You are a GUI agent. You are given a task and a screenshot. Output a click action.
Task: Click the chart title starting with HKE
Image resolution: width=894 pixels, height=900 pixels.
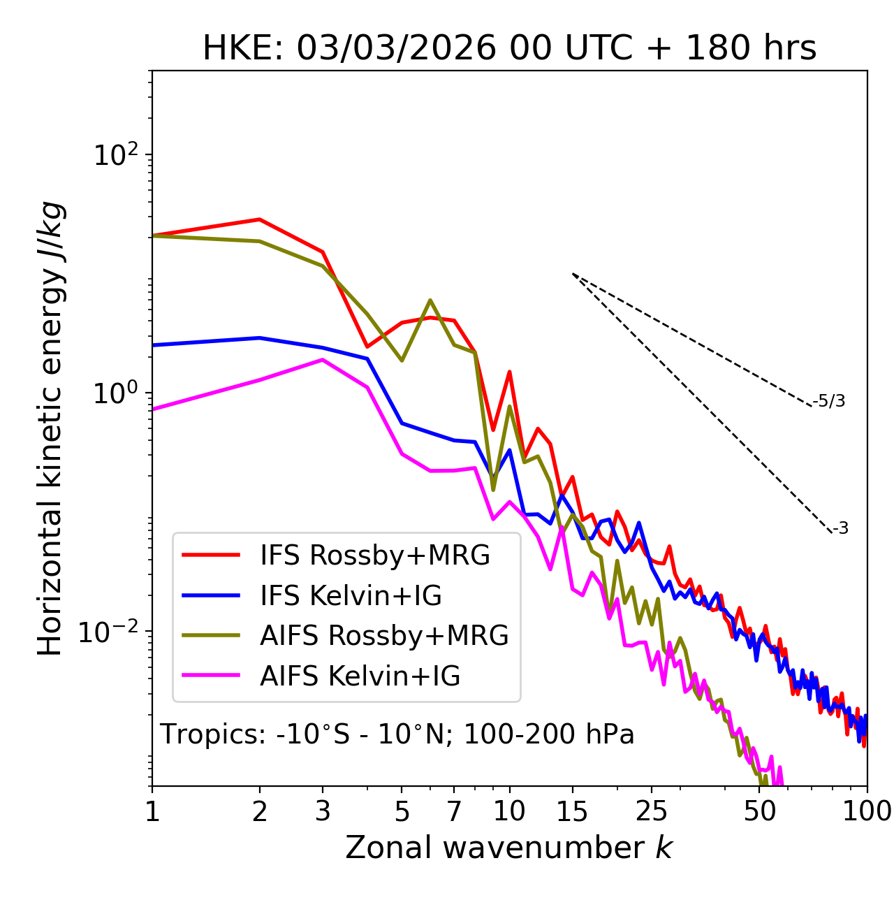point(509,49)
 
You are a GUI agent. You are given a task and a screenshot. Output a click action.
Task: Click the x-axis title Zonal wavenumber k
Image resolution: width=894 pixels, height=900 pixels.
point(508,848)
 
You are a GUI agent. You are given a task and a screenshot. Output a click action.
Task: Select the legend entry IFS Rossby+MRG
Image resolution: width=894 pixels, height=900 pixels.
point(375,556)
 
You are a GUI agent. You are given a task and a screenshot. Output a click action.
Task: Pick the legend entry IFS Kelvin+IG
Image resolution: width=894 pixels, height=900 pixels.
point(351,596)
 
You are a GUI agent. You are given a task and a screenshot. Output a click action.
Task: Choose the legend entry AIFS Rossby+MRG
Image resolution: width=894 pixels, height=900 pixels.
point(384,636)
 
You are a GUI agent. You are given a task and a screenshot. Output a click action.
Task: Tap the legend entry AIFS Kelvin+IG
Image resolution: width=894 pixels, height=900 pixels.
point(360,676)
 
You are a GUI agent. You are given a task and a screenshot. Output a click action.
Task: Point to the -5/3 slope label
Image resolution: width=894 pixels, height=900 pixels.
point(828,401)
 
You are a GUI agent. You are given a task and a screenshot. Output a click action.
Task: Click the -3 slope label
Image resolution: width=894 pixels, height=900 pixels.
point(840,529)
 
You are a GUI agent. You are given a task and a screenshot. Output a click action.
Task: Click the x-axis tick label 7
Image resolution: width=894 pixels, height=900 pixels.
point(455,811)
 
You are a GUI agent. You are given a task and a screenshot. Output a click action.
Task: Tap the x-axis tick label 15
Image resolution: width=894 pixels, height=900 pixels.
point(573,811)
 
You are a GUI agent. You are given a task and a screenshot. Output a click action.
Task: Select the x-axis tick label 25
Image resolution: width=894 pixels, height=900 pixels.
point(652,811)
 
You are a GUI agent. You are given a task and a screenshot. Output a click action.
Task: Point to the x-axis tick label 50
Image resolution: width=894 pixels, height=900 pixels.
point(760,811)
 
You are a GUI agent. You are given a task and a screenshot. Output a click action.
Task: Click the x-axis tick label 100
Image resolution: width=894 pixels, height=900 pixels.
point(867,811)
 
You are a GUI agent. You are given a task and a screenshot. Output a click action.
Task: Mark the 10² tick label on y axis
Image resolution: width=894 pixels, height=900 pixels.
point(117,154)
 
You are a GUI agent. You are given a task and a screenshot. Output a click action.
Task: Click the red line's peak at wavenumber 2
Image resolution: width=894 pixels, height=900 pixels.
point(260,219)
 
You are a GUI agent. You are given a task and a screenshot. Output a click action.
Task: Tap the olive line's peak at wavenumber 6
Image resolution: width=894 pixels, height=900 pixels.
point(430,300)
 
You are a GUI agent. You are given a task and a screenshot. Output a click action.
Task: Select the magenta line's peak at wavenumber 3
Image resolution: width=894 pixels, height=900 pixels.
point(322,360)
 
